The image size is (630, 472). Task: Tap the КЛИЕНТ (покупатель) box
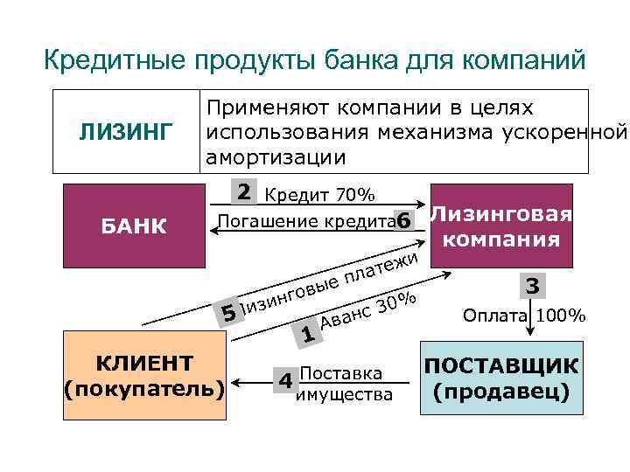pos(144,377)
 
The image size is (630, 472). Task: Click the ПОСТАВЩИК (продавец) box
pos(501,378)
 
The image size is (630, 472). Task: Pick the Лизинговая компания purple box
pos(501,226)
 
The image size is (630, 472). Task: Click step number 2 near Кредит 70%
pos(245,191)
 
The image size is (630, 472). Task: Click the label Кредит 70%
pos(319,194)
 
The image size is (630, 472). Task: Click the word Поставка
pos(341,373)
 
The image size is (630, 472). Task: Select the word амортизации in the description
pos(276,157)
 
